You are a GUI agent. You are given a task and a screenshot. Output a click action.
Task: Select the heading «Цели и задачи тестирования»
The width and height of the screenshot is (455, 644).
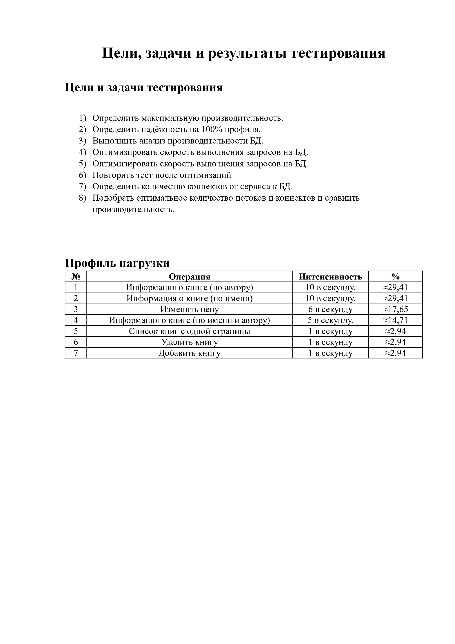tap(144, 88)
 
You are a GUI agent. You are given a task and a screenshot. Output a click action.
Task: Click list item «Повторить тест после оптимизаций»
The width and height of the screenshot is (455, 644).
tap(162, 175)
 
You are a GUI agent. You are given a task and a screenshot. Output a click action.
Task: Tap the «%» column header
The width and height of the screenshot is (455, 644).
tap(395, 277)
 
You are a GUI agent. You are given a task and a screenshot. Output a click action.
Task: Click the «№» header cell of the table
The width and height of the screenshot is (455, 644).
tap(76, 277)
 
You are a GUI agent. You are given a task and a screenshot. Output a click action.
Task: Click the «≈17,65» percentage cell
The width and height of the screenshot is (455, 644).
tap(395, 309)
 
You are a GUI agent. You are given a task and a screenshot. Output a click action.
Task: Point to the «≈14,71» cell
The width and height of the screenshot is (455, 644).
tap(395, 320)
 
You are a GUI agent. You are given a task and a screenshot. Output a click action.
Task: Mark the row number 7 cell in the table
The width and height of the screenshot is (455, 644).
tap(76, 353)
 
